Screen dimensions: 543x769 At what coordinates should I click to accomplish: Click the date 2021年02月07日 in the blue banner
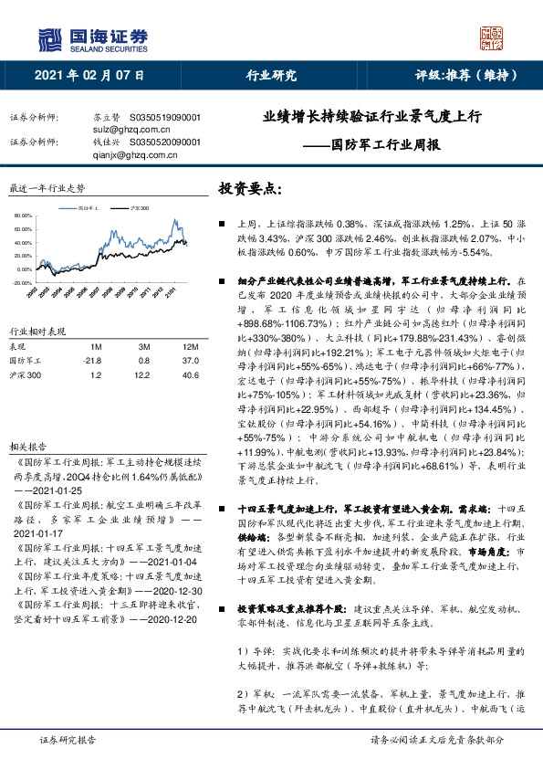tap(89, 76)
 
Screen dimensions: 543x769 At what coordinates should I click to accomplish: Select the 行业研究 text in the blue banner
tap(271, 76)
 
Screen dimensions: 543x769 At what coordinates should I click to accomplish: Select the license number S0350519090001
tap(166, 119)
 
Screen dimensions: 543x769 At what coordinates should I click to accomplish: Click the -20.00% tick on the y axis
tap(22, 283)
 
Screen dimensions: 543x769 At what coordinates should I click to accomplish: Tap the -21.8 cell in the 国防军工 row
tap(93, 362)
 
